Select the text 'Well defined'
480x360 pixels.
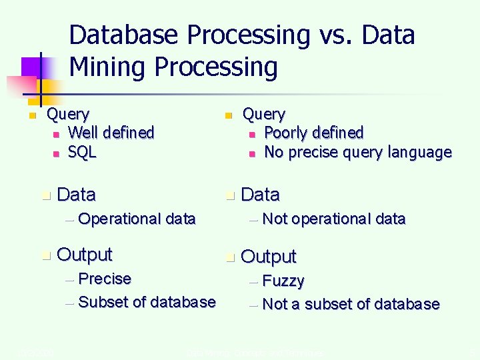(x=111, y=133)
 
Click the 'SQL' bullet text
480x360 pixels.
(x=83, y=152)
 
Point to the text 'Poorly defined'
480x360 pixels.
(x=314, y=133)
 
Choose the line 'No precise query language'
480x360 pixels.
(x=358, y=152)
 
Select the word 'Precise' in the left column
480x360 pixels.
(x=105, y=278)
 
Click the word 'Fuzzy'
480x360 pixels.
(x=283, y=281)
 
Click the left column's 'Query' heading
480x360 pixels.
(x=67, y=115)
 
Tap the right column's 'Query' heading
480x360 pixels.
(x=263, y=115)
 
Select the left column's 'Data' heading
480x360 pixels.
(x=77, y=195)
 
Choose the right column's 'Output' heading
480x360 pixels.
(x=269, y=257)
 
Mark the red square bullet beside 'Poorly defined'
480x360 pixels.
(x=251, y=134)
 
